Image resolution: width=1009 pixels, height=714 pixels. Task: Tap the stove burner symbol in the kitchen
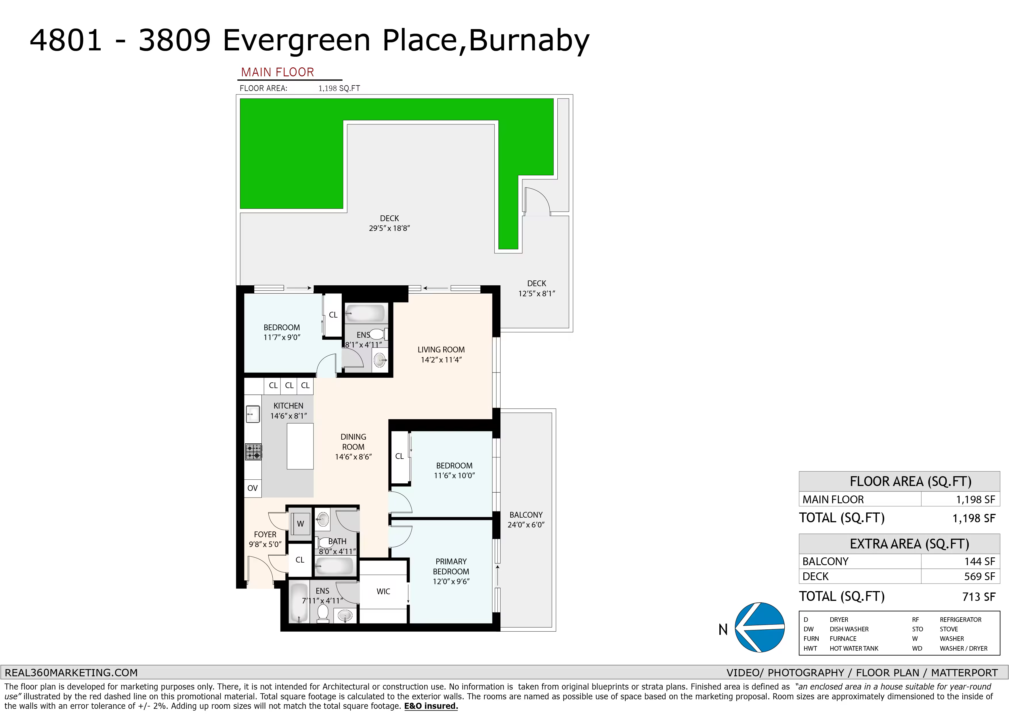253,452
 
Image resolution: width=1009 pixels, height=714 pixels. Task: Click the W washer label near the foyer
301,523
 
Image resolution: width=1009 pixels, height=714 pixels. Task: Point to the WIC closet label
383,592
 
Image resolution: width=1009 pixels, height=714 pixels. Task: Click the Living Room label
441,355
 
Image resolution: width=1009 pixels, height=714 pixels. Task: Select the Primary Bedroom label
451,571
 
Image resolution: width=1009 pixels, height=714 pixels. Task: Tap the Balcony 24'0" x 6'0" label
526,520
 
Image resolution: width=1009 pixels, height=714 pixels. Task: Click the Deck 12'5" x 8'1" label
537,288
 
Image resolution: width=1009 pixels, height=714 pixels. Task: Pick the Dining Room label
353,447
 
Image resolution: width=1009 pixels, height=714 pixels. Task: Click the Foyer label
265,539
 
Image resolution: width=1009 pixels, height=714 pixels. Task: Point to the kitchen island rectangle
300,446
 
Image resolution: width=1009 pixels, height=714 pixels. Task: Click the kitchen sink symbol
253,414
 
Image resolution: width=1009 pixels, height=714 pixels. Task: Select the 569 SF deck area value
980,576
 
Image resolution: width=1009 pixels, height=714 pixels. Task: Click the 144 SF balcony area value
980,561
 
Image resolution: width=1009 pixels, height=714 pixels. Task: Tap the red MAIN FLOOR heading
278,72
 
